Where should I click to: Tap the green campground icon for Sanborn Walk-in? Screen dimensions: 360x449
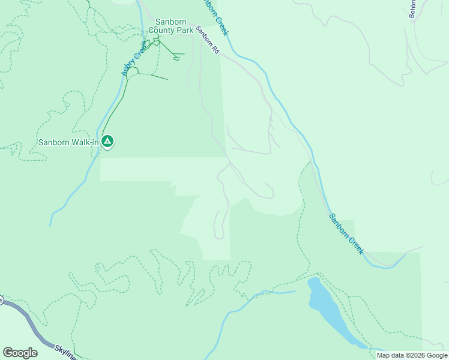tap(107, 142)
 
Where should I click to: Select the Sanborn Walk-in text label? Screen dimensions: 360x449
tap(68, 142)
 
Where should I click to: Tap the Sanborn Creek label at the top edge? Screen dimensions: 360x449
tap(216, 16)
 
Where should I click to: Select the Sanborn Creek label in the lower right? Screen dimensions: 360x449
tap(346, 233)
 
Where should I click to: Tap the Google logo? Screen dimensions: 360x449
tap(20, 353)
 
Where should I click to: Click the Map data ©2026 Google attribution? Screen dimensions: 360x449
tap(412, 355)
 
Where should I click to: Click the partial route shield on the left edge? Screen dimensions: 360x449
tap(2, 300)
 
